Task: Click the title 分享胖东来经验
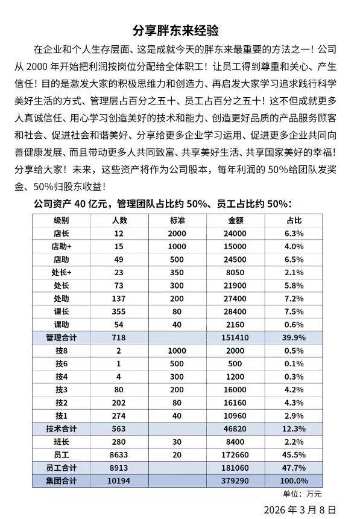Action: [x=180, y=30]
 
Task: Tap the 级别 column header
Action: [x=61, y=220]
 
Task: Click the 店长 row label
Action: [x=61, y=234]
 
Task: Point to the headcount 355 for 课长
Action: [x=119, y=311]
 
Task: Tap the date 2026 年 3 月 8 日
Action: [x=300, y=509]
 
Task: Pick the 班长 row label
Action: [x=61, y=441]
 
